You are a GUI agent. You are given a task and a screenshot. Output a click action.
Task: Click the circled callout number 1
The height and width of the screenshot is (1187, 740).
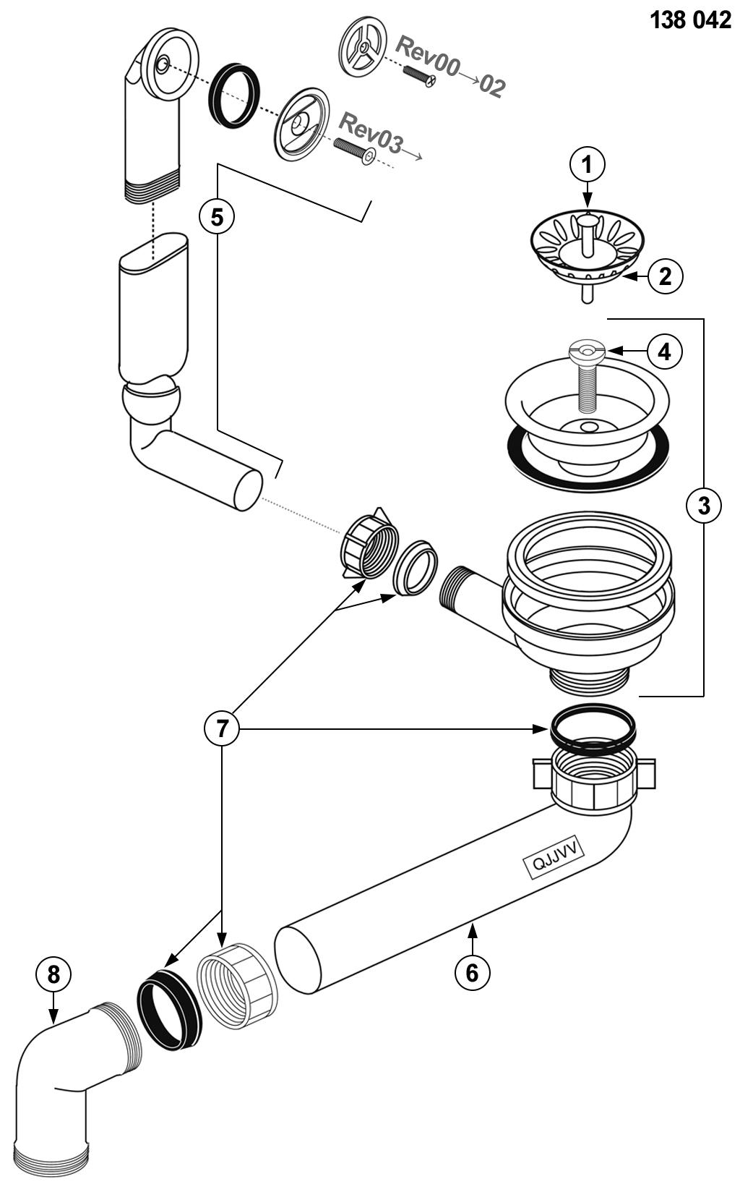click(587, 166)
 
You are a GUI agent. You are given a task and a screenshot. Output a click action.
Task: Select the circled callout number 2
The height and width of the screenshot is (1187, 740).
click(665, 276)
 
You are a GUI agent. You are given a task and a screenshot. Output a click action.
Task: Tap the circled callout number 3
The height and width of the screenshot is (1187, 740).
click(703, 505)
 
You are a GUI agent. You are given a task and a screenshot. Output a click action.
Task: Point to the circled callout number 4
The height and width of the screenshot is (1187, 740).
click(664, 352)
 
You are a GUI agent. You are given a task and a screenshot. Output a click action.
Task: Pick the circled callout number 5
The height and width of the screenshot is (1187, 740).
click(217, 217)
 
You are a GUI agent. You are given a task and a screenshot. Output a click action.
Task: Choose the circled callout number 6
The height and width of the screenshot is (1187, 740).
click(472, 972)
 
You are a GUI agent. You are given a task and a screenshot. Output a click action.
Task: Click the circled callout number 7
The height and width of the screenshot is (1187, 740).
click(222, 728)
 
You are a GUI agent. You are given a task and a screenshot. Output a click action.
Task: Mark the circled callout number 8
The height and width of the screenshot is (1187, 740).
click(53, 974)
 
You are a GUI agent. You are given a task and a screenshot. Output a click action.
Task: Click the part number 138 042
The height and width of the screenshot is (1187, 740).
click(690, 21)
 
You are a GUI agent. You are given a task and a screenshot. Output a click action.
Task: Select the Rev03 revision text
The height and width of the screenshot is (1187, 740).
click(371, 133)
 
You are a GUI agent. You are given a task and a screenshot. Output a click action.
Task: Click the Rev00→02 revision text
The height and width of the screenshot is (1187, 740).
click(450, 67)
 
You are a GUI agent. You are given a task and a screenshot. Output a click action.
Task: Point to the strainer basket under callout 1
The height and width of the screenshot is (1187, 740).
click(587, 249)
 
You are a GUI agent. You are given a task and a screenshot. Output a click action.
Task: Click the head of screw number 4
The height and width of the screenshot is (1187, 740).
click(586, 350)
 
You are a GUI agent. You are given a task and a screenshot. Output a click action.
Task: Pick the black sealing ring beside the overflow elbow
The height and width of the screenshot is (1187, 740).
click(233, 96)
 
